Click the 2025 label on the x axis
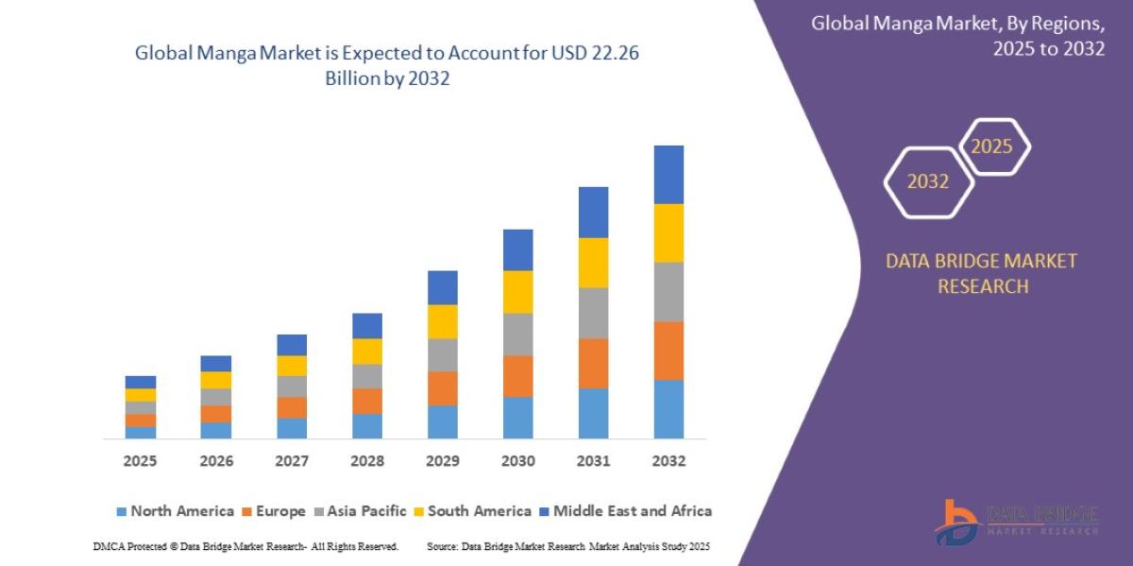[x=140, y=461]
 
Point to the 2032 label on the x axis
[x=668, y=461]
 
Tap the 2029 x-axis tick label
[x=442, y=461]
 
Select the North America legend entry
[x=175, y=511]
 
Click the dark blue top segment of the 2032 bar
[x=668, y=175]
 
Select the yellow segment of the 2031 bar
[x=593, y=263]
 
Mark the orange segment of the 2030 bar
[x=517, y=376]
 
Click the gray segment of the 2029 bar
[x=442, y=354]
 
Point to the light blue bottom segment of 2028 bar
[x=366, y=426]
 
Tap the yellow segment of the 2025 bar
[x=140, y=395]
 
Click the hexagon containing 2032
[x=928, y=181]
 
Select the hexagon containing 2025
[x=992, y=147]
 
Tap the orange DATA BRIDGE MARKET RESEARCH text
[x=981, y=273]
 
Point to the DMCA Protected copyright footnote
[x=245, y=547]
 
